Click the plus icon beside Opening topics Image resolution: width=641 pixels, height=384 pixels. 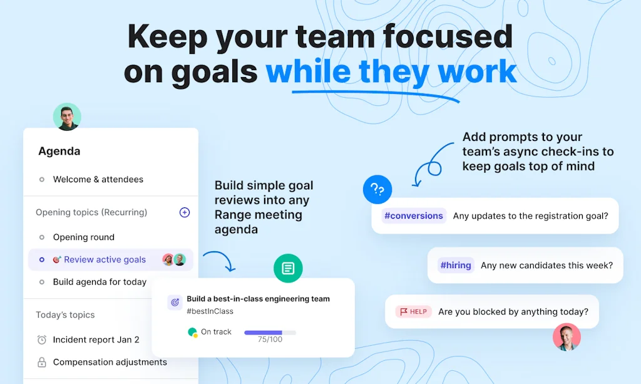(x=185, y=212)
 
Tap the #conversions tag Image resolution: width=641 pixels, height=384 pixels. (x=413, y=215)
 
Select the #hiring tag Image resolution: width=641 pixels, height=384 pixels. (x=456, y=265)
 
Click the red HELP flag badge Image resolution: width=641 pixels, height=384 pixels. (x=413, y=311)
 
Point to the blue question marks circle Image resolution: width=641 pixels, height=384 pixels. (x=377, y=189)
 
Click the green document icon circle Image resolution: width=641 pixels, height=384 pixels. (x=288, y=268)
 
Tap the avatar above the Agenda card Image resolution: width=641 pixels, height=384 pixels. (x=67, y=117)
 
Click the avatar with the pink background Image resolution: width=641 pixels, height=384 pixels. (x=567, y=337)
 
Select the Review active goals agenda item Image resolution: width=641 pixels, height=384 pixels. (x=105, y=259)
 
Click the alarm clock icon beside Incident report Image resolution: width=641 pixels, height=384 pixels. (x=42, y=340)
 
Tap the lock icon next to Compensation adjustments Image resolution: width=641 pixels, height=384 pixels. (x=42, y=362)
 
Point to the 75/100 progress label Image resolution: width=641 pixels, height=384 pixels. (x=270, y=340)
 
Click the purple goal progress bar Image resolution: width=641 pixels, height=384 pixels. (x=270, y=333)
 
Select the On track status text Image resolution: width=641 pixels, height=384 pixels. (x=216, y=331)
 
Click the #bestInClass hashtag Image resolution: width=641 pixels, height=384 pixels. (x=210, y=311)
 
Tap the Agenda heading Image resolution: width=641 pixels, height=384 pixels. (x=59, y=152)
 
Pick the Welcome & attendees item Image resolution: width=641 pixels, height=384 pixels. (x=98, y=179)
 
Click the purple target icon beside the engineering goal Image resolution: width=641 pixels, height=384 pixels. (x=175, y=303)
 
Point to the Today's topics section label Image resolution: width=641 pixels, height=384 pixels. (x=65, y=315)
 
